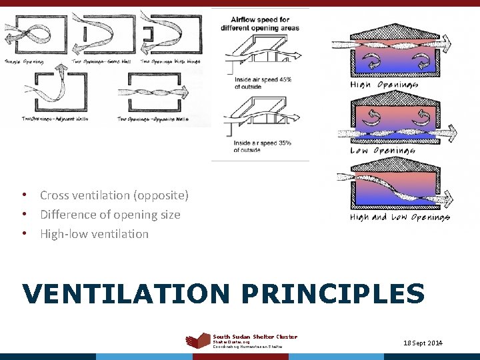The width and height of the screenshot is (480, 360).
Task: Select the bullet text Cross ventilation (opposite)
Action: [x=114, y=195]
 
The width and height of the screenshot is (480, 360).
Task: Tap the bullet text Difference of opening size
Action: [x=110, y=215]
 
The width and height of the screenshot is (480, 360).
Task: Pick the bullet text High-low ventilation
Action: [x=94, y=234]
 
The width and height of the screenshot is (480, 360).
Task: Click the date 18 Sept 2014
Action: [x=423, y=343]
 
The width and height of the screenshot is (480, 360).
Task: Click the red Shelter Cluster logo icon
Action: [x=197, y=341]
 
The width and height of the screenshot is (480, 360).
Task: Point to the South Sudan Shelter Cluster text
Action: [x=255, y=337]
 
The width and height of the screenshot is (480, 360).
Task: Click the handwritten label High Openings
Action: [x=384, y=85]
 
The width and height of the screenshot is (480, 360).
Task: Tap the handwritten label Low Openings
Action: [x=383, y=150]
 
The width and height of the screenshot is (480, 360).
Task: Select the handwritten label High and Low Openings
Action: [x=400, y=217]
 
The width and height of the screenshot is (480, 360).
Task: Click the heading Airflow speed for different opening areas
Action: [x=266, y=24]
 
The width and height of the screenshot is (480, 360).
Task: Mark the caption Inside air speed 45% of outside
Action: [x=263, y=83]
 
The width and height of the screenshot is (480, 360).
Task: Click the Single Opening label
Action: [x=24, y=61]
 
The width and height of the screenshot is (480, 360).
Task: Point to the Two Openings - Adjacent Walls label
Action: [x=45, y=119]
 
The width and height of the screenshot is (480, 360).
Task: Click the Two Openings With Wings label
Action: [x=170, y=61]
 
